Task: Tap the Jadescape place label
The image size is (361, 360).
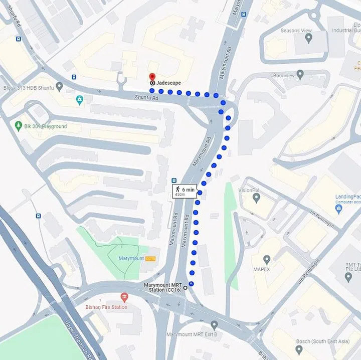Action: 168,83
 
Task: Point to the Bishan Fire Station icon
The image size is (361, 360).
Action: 124,298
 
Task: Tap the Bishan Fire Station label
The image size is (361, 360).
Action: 106,307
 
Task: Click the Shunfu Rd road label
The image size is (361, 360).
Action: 146,98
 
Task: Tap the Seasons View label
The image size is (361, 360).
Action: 296,31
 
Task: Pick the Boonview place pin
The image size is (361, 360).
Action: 300,75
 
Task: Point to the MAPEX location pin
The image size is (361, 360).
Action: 267,259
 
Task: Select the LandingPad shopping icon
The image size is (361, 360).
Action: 339,208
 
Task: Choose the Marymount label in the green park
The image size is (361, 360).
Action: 131,258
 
